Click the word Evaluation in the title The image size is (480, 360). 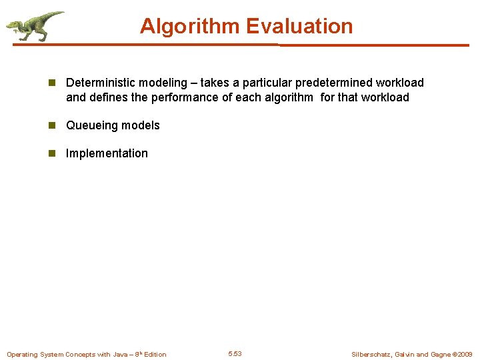(x=299, y=26)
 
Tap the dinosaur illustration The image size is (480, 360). (x=33, y=26)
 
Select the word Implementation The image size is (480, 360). (x=107, y=153)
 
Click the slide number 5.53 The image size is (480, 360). (x=235, y=354)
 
